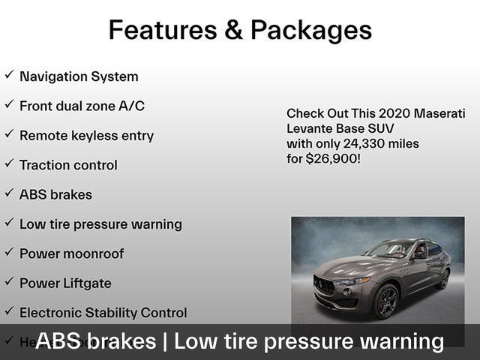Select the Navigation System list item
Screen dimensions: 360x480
coord(79,76)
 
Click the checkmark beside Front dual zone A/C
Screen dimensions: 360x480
coord(9,105)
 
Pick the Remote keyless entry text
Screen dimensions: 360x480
coord(86,136)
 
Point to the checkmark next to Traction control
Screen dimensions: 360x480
coord(9,163)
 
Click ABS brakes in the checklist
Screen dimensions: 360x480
coord(55,195)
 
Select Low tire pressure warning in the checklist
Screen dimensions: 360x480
coord(100,224)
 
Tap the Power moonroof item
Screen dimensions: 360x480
coord(71,253)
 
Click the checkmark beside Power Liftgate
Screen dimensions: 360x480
coord(9,281)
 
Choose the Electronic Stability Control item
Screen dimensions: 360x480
coord(103,313)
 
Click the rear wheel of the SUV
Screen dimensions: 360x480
coord(444,279)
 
